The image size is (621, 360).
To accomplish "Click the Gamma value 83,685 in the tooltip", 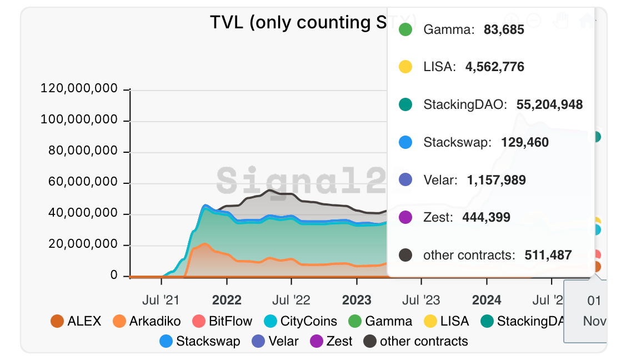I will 503,29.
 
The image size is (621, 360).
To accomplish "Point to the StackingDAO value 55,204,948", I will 549,104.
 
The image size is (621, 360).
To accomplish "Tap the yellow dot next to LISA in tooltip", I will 405,67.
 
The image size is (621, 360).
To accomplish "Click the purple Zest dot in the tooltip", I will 405,217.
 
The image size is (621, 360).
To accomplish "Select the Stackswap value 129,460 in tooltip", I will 524,142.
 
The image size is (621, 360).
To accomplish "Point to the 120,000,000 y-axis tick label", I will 79,89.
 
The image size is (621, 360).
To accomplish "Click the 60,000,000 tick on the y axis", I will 82,182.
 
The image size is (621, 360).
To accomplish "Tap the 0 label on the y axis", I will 114,276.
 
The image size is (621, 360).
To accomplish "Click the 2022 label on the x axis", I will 227,301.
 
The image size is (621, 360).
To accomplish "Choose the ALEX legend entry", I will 76,321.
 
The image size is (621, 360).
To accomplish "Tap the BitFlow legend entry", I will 222,321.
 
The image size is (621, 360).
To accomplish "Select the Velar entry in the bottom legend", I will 276,341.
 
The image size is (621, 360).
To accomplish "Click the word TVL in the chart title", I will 228,23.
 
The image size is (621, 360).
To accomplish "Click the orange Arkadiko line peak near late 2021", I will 205,244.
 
